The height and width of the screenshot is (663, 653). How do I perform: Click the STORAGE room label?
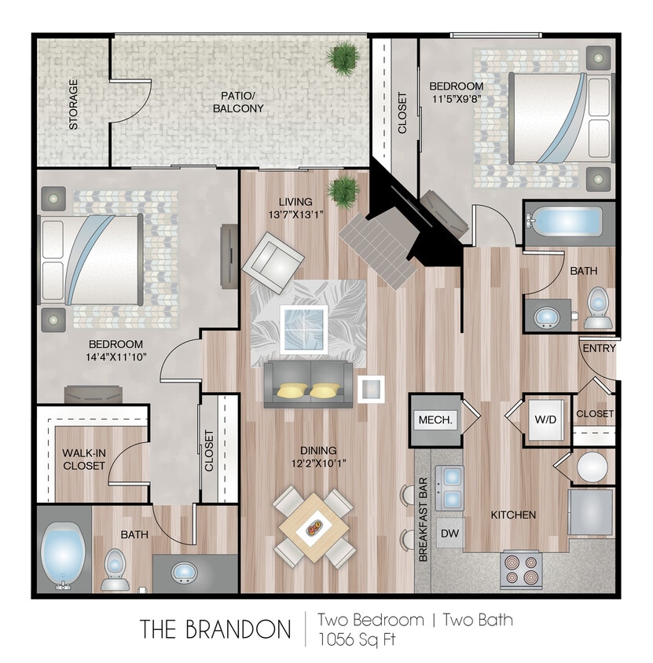click(73, 104)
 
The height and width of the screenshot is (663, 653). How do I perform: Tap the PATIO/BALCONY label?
click(237, 102)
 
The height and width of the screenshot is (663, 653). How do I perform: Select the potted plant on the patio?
click(343, 57)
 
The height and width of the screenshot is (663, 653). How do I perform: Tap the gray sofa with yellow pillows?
click(307, 383)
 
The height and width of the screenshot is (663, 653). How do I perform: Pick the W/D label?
click(545, 419)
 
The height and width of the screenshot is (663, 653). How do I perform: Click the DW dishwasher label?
click(449, 533)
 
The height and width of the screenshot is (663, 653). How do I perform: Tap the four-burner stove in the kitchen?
click(522, 570)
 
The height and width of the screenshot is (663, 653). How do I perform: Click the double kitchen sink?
click(449, 487)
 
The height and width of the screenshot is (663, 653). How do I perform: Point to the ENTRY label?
click(600, 348)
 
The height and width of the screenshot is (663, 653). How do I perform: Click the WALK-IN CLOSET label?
click(83, 460)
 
